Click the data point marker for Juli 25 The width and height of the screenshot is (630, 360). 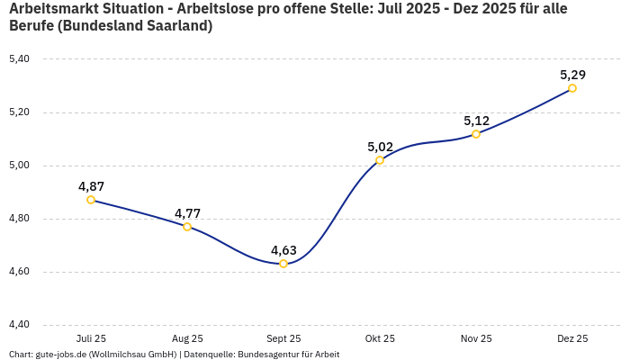pos(91,200)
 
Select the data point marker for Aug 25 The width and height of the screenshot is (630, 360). pos(187,227)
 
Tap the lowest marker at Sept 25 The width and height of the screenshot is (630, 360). pos(283,264)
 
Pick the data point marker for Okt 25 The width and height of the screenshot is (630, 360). pos(380,160)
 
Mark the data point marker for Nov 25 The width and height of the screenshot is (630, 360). pos(476,134)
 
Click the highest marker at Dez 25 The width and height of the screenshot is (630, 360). pos(572,88)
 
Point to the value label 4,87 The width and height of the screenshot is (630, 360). pos(91,186)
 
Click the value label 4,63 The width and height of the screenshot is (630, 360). pos(283,250)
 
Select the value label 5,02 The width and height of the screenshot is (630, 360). pos(380,147)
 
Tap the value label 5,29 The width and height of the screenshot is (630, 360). pos(572,75)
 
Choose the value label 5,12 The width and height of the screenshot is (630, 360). pos(476,121)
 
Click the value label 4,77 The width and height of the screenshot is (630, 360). pos(187,213)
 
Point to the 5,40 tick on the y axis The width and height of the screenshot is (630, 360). pos(19,59)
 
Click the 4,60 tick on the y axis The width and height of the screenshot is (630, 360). pos(19,272)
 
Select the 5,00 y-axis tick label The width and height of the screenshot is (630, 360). pos(19,166)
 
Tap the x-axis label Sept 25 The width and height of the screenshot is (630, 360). pos(283,338)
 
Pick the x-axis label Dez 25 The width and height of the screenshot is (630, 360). pos(572,338)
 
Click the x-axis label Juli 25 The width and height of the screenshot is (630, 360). pos(91,338)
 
